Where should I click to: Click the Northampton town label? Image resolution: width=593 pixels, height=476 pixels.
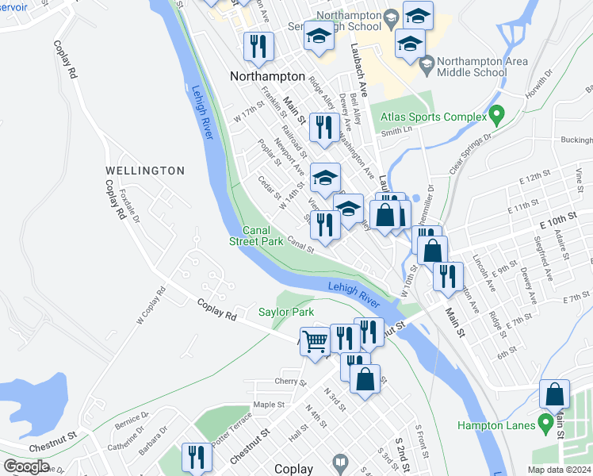click(267, 76)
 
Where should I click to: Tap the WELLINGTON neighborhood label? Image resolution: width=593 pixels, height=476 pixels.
click(145, 171)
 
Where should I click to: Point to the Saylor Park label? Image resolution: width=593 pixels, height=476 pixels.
click(281, 311)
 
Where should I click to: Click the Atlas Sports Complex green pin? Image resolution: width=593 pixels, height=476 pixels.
click(497, 116)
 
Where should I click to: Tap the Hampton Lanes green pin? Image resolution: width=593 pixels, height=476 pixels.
click(545, 423)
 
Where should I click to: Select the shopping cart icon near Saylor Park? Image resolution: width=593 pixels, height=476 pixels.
click(316, 343)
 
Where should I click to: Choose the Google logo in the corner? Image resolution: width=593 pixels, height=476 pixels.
click(26, 466)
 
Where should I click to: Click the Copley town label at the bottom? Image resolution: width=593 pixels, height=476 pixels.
click(294, 469)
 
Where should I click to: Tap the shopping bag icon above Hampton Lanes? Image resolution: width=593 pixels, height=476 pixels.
click(554, 394)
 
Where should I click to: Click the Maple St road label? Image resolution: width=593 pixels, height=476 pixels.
click(269, 405)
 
